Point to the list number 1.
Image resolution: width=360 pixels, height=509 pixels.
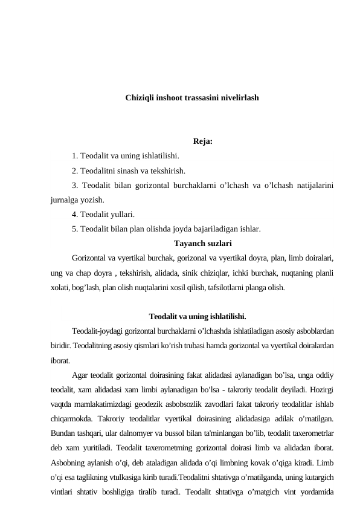(74, 157)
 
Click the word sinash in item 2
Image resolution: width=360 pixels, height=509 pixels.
(138, 170)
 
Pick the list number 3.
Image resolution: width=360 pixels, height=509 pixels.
(74, 185)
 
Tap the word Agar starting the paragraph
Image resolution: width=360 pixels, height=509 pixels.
(80, 375)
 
